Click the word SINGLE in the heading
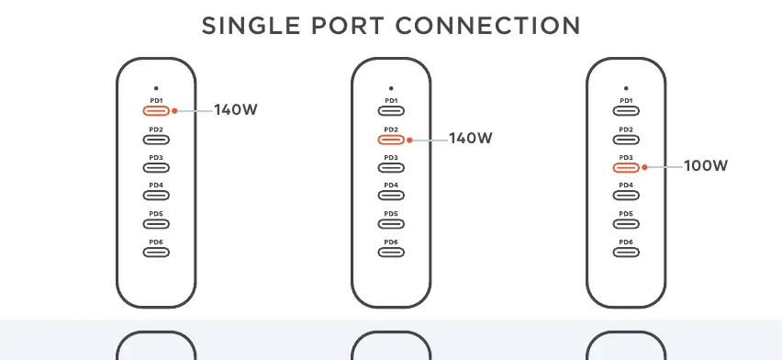251,26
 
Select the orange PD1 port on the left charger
156,111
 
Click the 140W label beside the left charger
235,110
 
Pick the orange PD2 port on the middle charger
391,140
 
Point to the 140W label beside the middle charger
470,139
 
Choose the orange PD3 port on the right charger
626,167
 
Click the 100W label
706,166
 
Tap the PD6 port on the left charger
156,252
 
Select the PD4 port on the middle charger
391,196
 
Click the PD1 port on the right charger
626,111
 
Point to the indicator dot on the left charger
156,88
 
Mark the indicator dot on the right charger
626,88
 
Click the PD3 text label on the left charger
156,158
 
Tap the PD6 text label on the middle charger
391,242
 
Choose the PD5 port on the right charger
626,224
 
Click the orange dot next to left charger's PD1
174,111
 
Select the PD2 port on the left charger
156,140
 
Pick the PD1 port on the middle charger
391,111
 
